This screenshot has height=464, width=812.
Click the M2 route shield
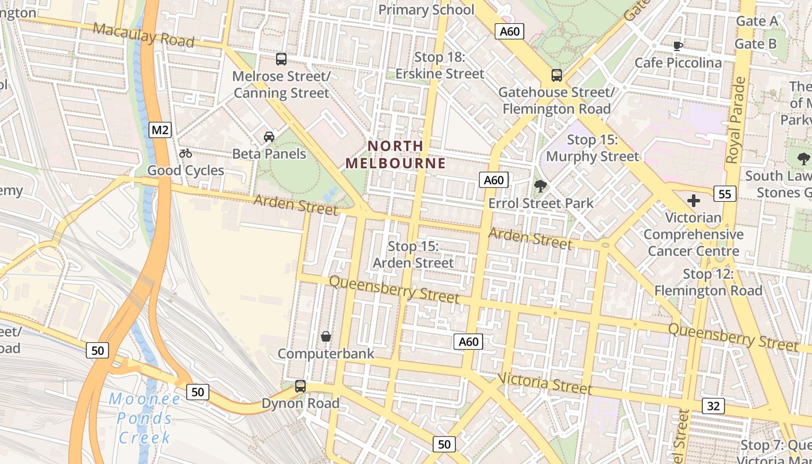pos(160,130)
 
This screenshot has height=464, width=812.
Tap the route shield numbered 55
pos(725,194)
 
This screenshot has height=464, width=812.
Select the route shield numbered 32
pos(713,406)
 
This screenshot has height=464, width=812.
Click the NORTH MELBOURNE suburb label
pos(396,154)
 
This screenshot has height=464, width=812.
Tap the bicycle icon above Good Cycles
pos(186,154)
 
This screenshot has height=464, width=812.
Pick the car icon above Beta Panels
pos(269,137)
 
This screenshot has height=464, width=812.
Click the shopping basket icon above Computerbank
pos(326,336)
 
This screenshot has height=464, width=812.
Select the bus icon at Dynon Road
pos(300,386)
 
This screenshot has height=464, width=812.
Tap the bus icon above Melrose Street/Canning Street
pos(281,59)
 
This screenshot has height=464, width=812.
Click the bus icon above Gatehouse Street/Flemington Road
pos(557,75)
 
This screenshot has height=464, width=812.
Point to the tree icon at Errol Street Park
pos(541,186)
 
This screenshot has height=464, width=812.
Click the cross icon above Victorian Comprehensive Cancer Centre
pos(694,201)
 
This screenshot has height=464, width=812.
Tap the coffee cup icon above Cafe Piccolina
pos(677,46)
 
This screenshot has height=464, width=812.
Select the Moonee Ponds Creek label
pos(145,418)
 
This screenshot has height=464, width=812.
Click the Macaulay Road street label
pos(143,35)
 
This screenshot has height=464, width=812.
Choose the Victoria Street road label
pos(545,383)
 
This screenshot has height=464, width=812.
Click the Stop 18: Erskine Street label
pos(440,66)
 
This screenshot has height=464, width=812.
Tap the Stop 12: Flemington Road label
pos(708,282)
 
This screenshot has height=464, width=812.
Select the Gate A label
pos(756,21)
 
